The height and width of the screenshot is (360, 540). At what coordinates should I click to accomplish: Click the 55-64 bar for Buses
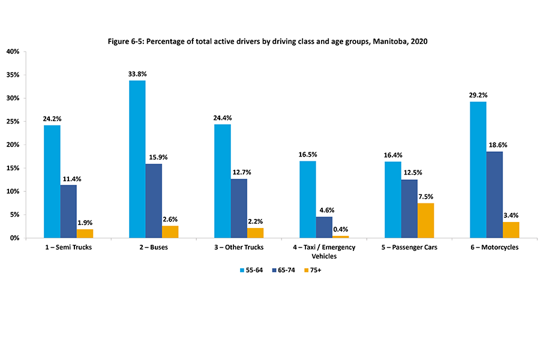[x=137, y=159]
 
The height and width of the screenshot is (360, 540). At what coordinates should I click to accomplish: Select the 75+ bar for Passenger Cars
[x=425, y=221]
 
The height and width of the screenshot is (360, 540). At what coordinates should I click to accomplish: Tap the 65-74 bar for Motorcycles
[x=494, y=195]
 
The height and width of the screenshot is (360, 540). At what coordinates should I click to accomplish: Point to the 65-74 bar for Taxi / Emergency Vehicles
[x=324, y=227]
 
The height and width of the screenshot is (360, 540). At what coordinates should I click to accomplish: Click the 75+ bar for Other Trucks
[x=255, y=233]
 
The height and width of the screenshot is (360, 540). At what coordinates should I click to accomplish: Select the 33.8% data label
[x=137, y=74]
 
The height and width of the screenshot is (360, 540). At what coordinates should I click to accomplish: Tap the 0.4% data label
[x=340, y=229]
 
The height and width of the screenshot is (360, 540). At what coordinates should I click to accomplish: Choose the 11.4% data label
[x=68, y=178]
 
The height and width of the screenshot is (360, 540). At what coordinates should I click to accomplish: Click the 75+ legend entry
[x=315, y=270]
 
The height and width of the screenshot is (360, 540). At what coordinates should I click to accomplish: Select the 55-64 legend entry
[x=251, y=270]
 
